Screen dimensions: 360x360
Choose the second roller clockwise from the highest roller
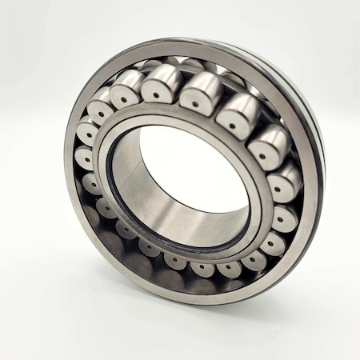(235, 116)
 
